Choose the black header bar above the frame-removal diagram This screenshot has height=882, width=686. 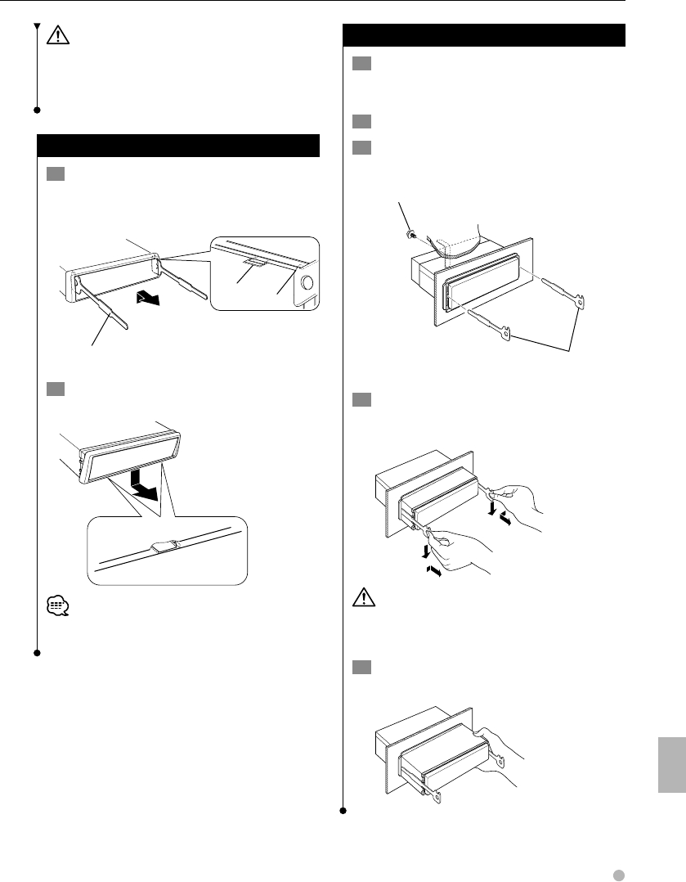point(178,146)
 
